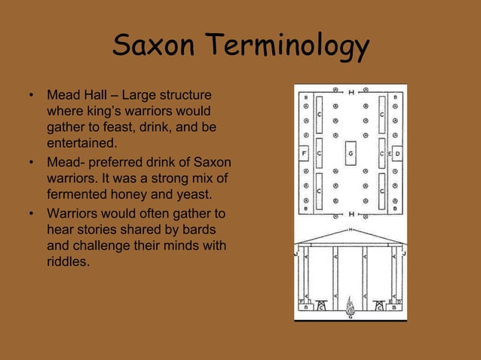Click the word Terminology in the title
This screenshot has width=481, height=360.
pyautogui.click(x=287, y=48)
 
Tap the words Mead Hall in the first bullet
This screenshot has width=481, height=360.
pyautogui.click(x=74, y=97)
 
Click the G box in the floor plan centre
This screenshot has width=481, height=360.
pyautogui.click(x=351, y=154)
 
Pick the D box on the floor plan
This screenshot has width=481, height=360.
pyautogui.click(x=398, y=154)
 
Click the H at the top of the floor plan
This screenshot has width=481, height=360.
pyautogui.click(x=351, y=92)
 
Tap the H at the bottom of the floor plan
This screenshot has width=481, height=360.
pyautogui.click(x=351, y=215)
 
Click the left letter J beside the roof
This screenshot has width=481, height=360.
pyautogui.click(x=297, y=253)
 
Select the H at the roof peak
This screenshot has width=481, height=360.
pyautogui.click(x=351, y=229)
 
